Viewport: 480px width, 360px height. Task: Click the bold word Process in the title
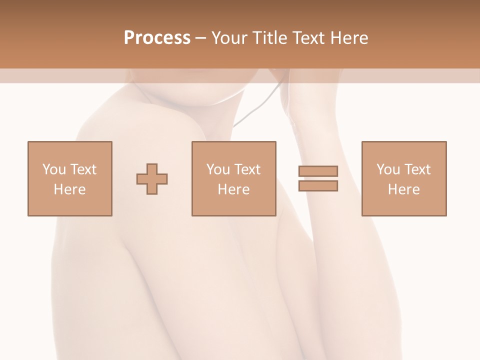157,38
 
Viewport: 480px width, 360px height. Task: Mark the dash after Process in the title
200,38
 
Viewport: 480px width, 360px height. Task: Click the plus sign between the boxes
152,179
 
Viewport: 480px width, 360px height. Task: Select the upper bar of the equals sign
318,171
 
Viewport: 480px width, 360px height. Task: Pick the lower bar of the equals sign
318,186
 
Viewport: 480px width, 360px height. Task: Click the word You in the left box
53,169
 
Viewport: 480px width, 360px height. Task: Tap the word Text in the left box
82,169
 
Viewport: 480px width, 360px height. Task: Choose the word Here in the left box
69,189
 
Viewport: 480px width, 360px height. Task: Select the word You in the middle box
218,169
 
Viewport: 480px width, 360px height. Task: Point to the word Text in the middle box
247,169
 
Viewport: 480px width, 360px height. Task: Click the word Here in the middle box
233,189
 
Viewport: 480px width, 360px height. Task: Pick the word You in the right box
388,169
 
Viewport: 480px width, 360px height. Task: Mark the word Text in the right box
417,169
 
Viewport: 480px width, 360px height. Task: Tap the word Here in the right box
403,189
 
